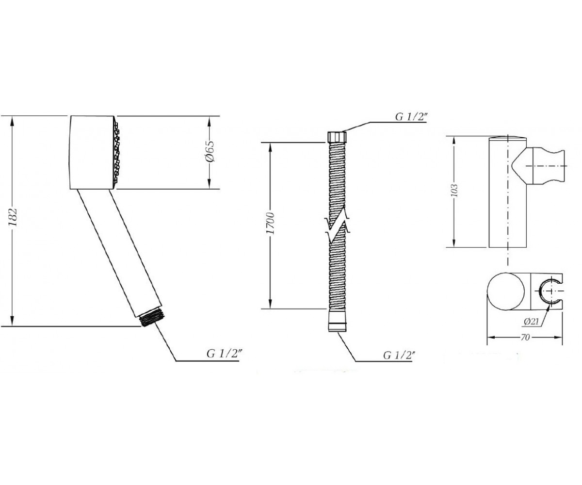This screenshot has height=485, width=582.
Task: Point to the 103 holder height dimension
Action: click(x=454, y=191)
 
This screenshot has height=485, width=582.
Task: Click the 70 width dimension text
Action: click(x=525, y=337)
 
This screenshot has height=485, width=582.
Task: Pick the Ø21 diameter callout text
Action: click(x=531, y=322)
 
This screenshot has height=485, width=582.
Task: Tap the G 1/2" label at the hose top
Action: click(x=411, y=117)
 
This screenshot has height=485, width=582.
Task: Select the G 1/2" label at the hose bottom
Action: click(x=399, y=355)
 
